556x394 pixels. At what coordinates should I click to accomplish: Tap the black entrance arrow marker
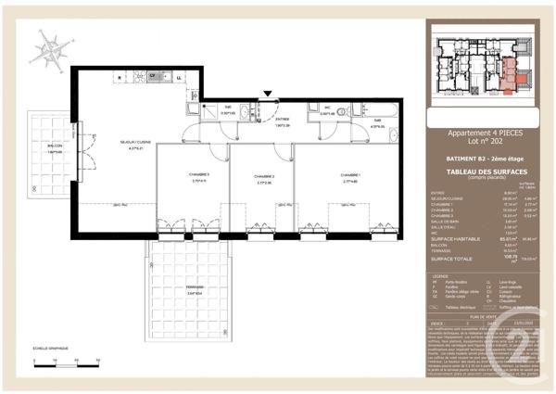[268, 94]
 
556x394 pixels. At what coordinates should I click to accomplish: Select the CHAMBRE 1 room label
[349, 177]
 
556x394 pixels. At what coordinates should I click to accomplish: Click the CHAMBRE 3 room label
[200, 176]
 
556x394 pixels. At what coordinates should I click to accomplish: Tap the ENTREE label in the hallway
[282, 120]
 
